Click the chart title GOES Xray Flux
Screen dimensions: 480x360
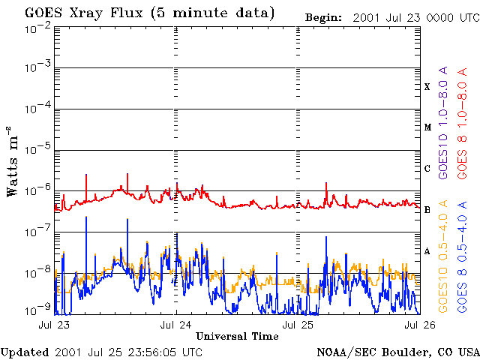(83, 13)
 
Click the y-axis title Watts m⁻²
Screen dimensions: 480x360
(13, 161)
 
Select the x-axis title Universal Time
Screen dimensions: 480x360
(237, 336)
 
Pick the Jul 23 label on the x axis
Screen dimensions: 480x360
(54, 325)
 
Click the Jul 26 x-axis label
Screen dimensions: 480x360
(420, 325)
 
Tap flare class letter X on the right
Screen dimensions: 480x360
(427, 87)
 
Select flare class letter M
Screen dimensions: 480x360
(427, 127)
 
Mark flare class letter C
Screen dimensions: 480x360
(427, 168)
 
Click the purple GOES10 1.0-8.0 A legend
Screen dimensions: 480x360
(443, 123)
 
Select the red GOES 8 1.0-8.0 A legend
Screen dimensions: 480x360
(462, 123)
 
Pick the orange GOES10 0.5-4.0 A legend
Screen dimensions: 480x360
(443, 256)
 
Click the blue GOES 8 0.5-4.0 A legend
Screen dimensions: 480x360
(462, 256)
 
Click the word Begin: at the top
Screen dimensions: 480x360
(323, 18)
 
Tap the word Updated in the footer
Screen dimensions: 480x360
(25, 352)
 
